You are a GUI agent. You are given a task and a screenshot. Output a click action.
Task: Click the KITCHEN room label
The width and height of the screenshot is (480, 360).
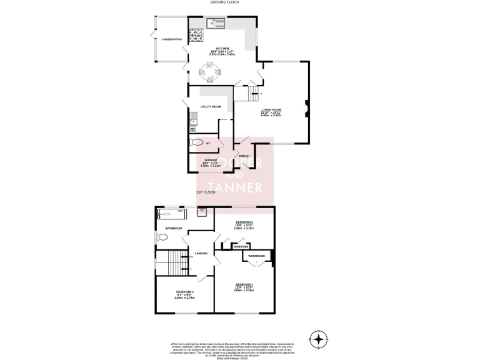point(223,48)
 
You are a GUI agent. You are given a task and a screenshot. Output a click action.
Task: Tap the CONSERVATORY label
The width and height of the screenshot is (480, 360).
point(171,39)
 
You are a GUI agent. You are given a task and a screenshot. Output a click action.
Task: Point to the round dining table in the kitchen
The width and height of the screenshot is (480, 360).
point(211,73)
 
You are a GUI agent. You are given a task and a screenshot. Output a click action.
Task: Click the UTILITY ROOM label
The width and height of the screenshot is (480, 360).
point(211,107)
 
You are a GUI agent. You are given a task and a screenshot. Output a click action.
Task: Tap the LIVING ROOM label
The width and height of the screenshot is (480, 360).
point(271,109)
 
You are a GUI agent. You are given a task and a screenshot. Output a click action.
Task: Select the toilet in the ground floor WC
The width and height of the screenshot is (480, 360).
point(198,142)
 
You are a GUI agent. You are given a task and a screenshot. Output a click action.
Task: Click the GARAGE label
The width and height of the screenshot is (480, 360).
point(210,160)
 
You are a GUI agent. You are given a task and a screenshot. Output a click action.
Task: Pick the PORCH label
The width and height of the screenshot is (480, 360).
point(253,156)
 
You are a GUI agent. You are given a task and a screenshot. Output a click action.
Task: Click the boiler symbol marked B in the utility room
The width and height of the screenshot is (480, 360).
point(193,129)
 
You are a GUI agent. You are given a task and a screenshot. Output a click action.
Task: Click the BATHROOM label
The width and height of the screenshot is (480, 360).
point(174,228)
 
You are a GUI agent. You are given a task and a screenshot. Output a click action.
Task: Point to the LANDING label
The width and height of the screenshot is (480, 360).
point(201,253)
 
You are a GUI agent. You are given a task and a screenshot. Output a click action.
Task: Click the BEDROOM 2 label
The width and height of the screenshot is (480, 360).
point(244,222)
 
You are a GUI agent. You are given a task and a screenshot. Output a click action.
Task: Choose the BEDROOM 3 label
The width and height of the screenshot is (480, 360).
point(184,292)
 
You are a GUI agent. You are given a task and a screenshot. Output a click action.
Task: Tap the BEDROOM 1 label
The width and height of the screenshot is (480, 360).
point(243,285)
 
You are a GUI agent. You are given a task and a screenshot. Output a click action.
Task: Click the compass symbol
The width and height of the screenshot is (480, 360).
point(319,340)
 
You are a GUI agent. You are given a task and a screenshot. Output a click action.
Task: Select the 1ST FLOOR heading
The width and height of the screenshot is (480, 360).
point(206,192)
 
